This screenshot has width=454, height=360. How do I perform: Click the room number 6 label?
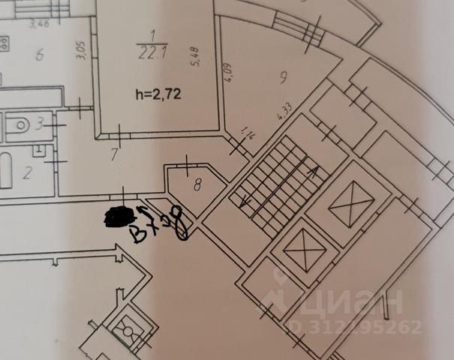click(40, 54)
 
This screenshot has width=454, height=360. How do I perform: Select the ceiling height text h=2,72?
click(158, 94)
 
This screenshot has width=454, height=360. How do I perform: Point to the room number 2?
click(27, 173)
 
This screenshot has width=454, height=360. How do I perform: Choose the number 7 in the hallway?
click(114, 156)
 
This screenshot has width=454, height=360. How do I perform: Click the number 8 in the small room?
click(197, 183)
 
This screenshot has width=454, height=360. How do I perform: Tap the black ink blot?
click(116, 217)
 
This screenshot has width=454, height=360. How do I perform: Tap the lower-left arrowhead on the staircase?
click(243, 202)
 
